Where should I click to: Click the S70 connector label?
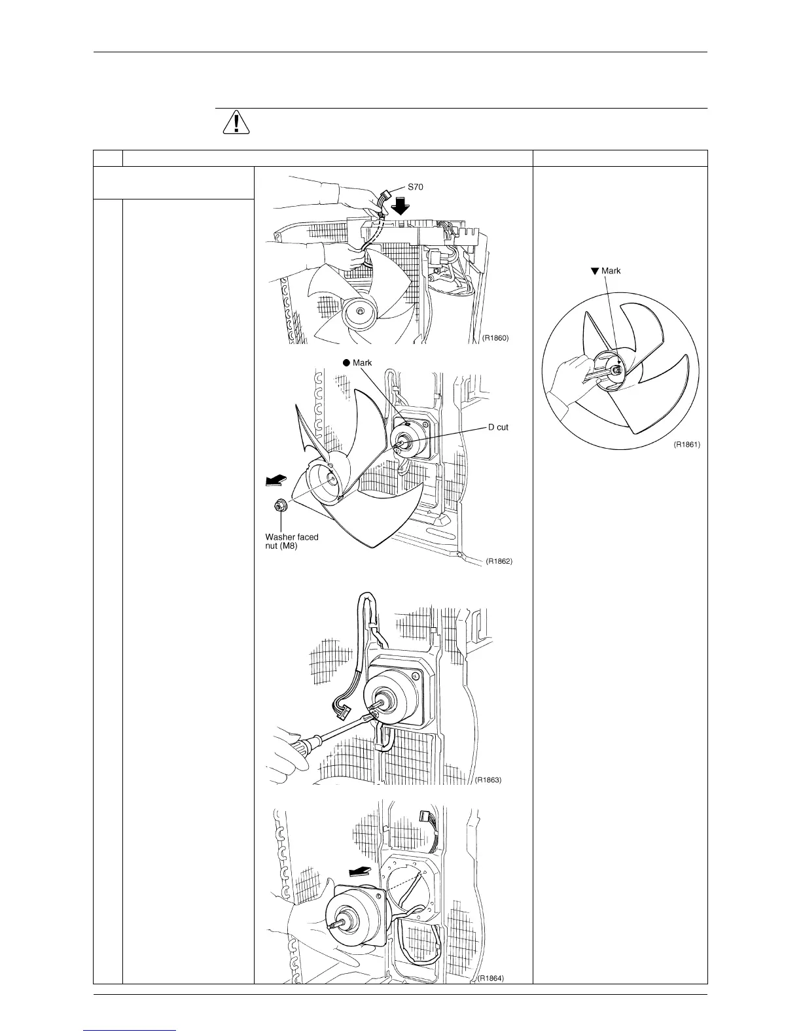coord(416,186)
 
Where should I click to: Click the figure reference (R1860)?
coord(495,339)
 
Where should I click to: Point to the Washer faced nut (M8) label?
coord(291,542)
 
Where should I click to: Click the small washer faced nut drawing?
coord(280,506)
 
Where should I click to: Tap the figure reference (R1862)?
coord(499,561)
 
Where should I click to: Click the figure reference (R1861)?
coord(687,444)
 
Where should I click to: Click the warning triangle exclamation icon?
coord(236,122)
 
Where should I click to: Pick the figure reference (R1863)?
coord(488,780)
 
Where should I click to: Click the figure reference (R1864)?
coord(490,997)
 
